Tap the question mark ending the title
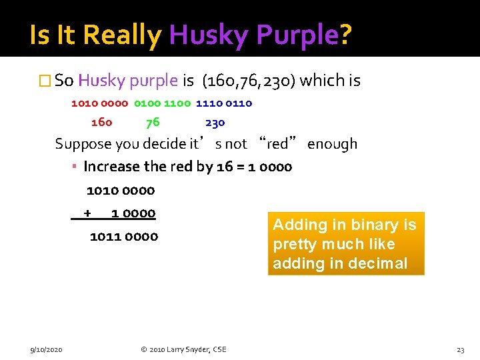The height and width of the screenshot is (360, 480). pyautogui.click(x=345, y=35)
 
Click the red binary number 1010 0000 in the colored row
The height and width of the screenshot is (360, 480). pyautogui.click(x=99, y=103)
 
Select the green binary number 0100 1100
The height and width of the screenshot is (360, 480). pyautogui.click(x=162, y=103)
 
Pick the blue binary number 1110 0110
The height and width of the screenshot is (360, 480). pyautogui.click(x=224, y=103)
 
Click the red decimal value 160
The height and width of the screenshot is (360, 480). pyautogui.click(x=101, y=123)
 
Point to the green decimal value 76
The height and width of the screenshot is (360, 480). pyautogui.click(x=153, y=123)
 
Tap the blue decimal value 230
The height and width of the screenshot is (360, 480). pyautogui.click(x=215, y=123)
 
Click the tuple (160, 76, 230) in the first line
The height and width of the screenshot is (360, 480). pyautogui.click(x=248, y=81)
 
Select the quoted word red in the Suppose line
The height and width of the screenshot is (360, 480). pyautogui.click(x=277, y=144)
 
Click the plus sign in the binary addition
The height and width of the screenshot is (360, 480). pyautogui.click(x=87, y=213)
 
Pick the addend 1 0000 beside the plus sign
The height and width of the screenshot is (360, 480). pyautogui.click(x=133, y=213)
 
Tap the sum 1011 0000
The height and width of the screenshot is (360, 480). pyautogui.click(x=124, y=237)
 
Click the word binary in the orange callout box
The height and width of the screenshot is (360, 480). pyautogui.click(x=363, y=225)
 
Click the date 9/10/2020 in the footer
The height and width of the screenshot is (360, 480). pyautogui.click(x=46, y=349)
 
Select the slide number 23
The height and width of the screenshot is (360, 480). pyautogui.click(x=460, y=349)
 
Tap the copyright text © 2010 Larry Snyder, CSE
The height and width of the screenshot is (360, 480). pyautogui.click(x=183, y=349)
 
